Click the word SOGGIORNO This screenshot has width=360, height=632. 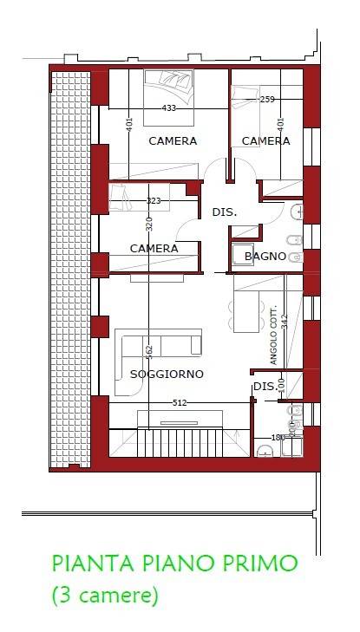167,374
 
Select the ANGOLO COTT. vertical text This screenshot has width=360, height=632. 273,336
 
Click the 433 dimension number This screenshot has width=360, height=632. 170,108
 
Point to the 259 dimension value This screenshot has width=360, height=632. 267,100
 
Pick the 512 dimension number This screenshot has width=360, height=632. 180,402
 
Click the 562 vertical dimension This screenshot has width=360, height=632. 149,351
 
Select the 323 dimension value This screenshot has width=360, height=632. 153,200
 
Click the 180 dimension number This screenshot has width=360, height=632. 278,438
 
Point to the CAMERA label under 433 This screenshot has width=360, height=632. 172,140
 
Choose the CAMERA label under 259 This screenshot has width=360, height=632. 265,140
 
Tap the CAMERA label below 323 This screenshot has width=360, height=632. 154,249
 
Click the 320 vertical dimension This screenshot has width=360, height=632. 149,223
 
